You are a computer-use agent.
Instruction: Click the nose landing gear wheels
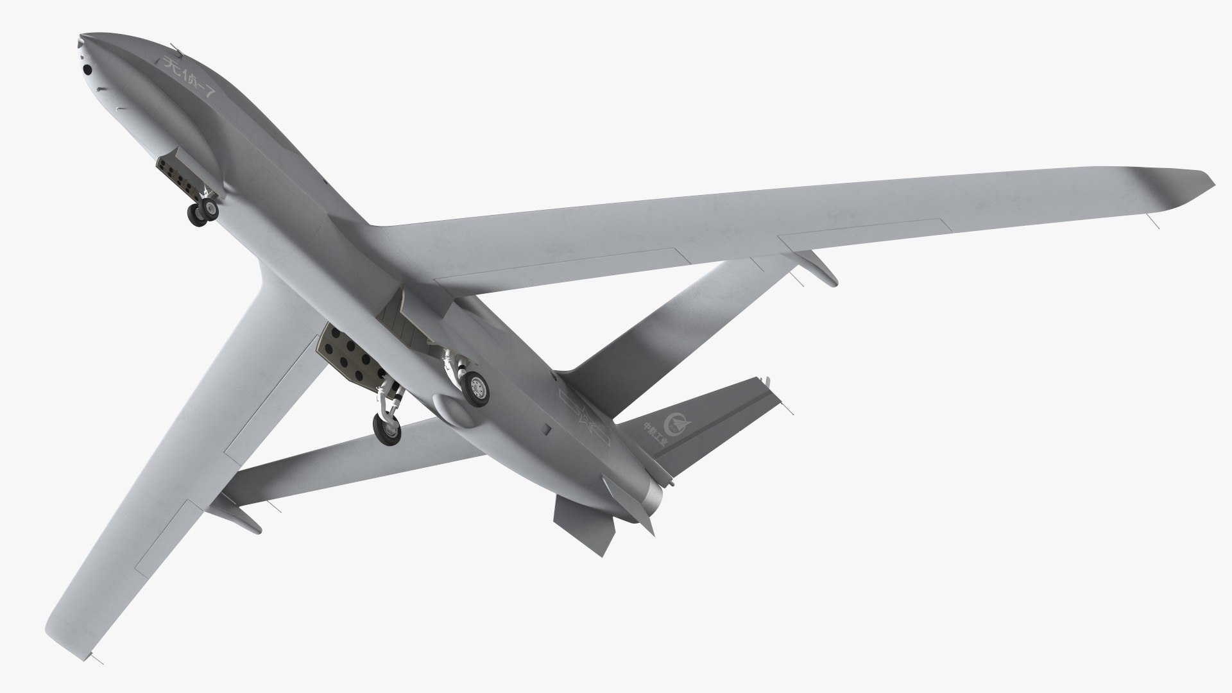coord(203,211)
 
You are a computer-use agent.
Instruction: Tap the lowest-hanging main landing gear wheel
coord(387,429)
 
